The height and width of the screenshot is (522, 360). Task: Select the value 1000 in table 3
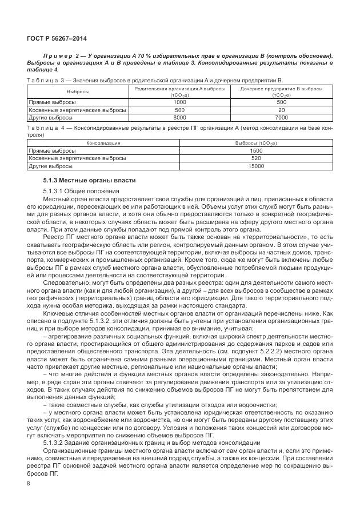(x=179, y=101)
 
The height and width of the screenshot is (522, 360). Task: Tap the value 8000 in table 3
(x=179, y=117)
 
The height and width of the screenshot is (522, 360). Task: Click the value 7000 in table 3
(x=282, y=117)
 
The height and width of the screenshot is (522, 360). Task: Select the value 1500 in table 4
(x=256, y=150)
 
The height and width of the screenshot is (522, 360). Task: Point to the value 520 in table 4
(x=256, y=158)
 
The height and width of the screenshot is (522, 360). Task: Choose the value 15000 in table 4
(x=256, y=166)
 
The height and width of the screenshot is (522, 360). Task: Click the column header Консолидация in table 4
(x=103, y=142)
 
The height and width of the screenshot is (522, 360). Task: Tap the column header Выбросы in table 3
(x=78, y=91)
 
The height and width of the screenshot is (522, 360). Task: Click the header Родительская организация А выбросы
(x=179, y=89)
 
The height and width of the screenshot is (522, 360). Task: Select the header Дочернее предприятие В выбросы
(x=282, y=89)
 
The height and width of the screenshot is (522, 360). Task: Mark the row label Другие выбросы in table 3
(x=50, y=117)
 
